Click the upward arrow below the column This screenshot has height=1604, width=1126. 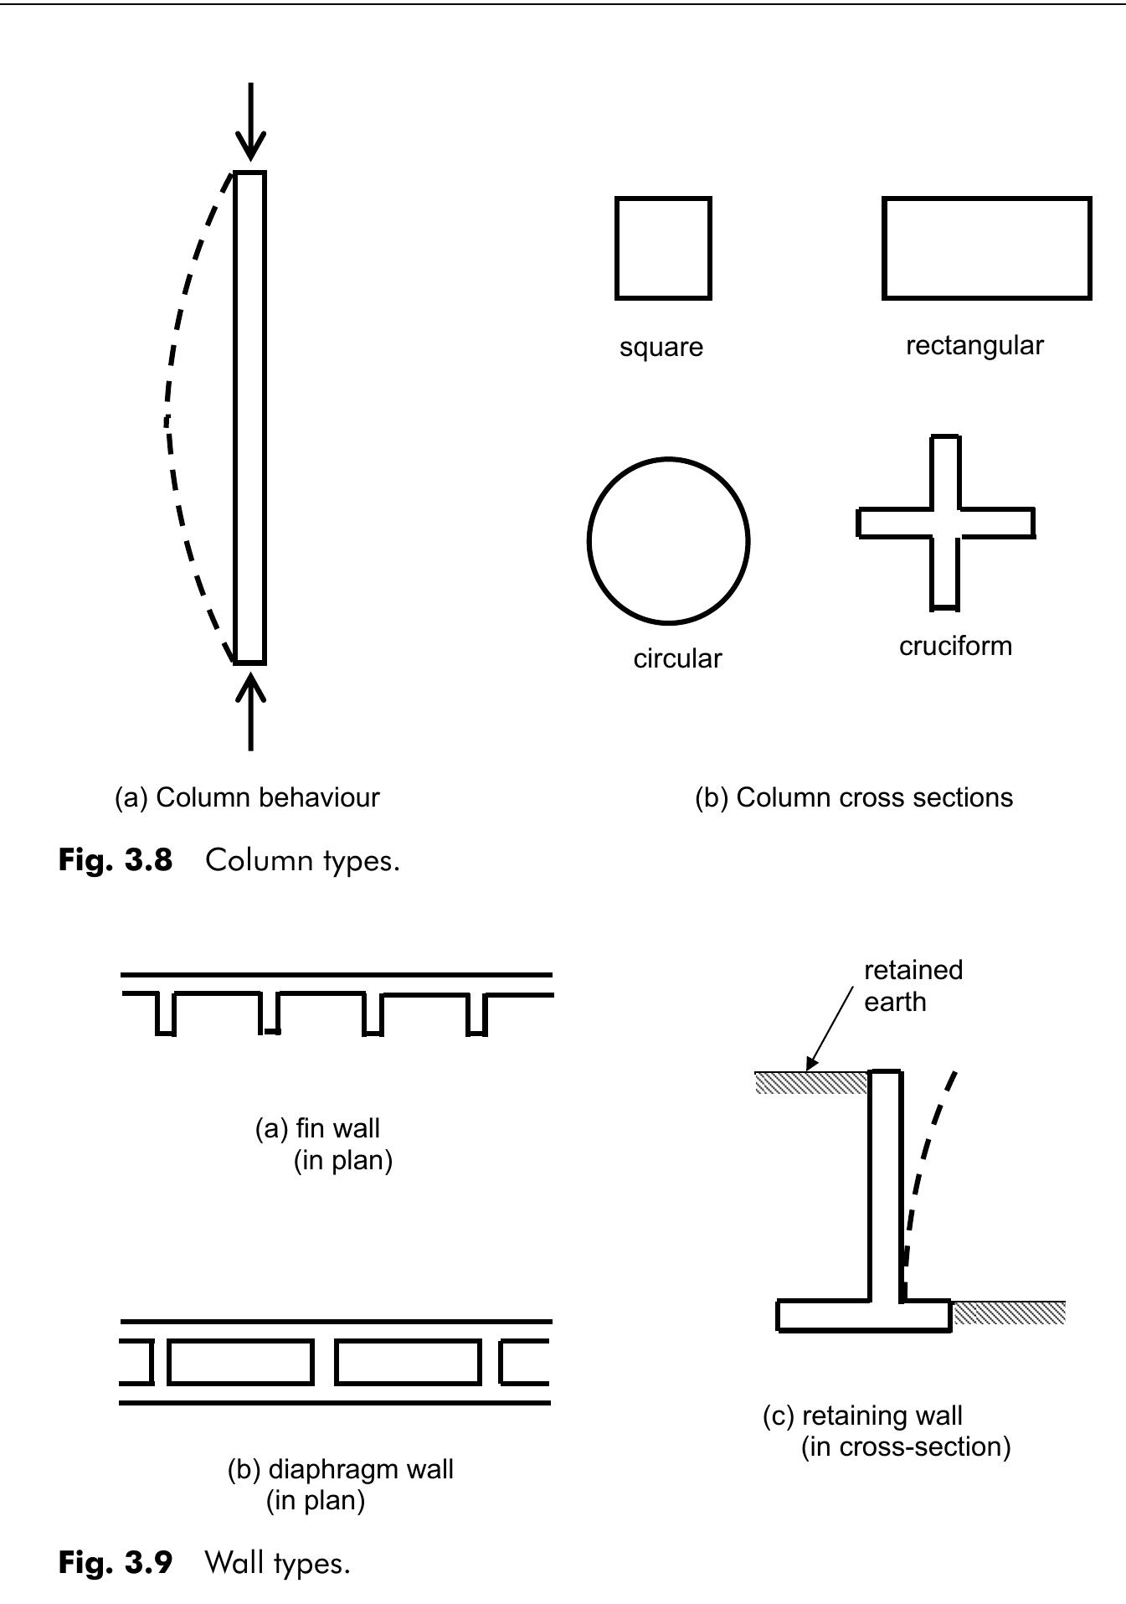(250, 711)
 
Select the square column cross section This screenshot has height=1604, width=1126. (662, 248)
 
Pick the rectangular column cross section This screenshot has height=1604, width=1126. (986, 248)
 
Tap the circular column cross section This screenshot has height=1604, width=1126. (667, 541)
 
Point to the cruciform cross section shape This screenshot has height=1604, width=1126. (945, 523)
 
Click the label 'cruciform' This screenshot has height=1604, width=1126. (955, 646)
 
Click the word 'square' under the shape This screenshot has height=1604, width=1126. (661, 347)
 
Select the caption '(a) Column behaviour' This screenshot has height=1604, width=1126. (247, 797)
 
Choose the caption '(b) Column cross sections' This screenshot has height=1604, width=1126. (853, 797)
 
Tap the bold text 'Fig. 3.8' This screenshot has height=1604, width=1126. (116, 860)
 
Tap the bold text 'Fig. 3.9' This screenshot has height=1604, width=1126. (116, 1562)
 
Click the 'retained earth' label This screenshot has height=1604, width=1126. (913, 986)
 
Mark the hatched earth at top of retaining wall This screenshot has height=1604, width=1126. (810, 1083)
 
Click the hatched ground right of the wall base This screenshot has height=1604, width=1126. (1009, 1313)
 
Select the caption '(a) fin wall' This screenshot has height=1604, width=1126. (318, 1128)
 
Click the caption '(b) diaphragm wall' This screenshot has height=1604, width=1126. (340, 1469)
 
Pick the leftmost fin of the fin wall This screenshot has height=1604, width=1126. (166, 1013)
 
